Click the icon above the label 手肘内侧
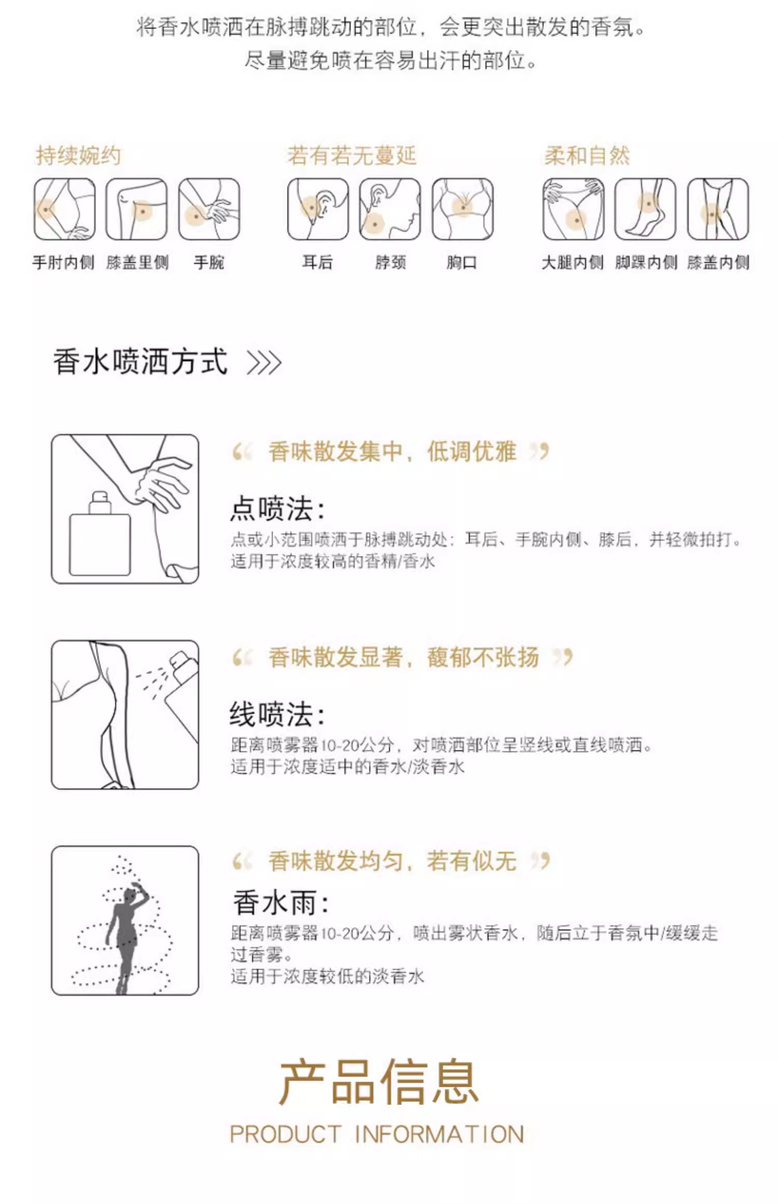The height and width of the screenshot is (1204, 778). coord(65,209)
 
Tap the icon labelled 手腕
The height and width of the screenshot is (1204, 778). coord(209,209)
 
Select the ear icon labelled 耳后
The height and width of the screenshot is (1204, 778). coord(318,209)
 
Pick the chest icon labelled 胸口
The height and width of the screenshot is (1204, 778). coord(463,209)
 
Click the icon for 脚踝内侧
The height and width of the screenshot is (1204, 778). coord(646,209)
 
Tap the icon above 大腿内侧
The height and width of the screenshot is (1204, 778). coord(574,209)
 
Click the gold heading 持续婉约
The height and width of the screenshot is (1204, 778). coord(78,156)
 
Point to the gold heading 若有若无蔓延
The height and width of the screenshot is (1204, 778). coord(352,156)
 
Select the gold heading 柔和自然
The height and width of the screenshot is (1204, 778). coord(587,156)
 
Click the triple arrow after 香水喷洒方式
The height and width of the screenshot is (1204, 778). coord(265,362)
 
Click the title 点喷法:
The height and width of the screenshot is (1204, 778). coord(277,509)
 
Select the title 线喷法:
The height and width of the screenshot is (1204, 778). coord(277,715)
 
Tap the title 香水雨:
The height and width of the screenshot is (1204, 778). coord(281,903)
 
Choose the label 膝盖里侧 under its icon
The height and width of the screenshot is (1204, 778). coord(137,262)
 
